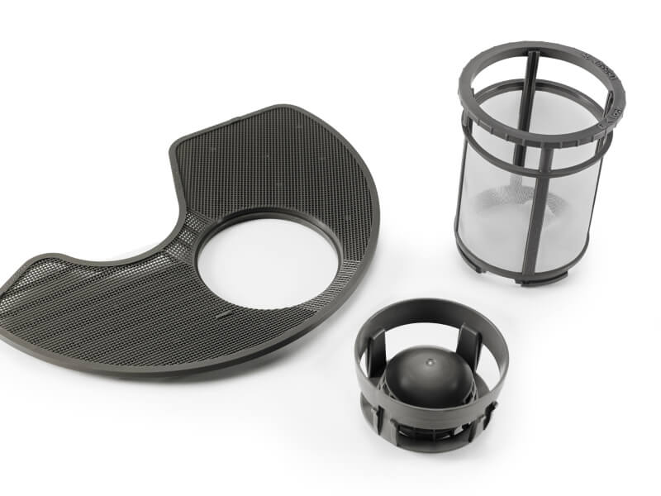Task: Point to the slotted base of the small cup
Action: tap(430, 422)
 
